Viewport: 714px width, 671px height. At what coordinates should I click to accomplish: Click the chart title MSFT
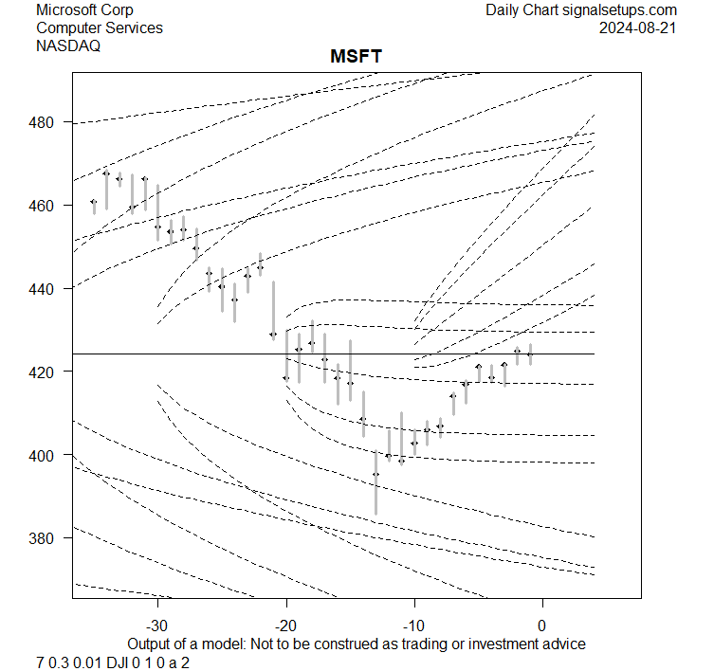(x=356, y=58)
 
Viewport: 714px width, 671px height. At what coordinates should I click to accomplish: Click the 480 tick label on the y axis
(x=49, y=122)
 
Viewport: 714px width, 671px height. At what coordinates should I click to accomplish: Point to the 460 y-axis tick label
(x=49, y=206)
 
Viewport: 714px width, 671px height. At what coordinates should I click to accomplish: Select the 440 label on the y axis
(x=49, y=288)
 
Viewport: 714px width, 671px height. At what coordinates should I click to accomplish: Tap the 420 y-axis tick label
(x=49, y=372)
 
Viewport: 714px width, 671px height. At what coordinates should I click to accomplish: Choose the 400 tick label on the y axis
(x=49, y=455)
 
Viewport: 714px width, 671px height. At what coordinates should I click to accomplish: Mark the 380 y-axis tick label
(x=49, y=537)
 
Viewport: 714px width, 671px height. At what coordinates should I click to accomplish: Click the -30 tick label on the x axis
(x=156, y=626)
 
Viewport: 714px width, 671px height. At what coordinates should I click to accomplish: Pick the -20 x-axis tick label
(x=285, y=626)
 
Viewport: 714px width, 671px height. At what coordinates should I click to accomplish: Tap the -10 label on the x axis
(x=413, y=626)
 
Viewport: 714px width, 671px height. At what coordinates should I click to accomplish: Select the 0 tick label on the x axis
(x=542, y=626)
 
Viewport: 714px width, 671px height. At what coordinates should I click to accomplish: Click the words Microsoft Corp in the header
(x=84, y=10)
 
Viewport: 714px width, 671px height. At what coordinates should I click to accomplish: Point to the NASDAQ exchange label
(x=68, y=45)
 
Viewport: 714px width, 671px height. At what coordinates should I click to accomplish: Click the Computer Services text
(x=99, y=27)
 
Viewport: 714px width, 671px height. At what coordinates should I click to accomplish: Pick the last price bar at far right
(x=530, y=354)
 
